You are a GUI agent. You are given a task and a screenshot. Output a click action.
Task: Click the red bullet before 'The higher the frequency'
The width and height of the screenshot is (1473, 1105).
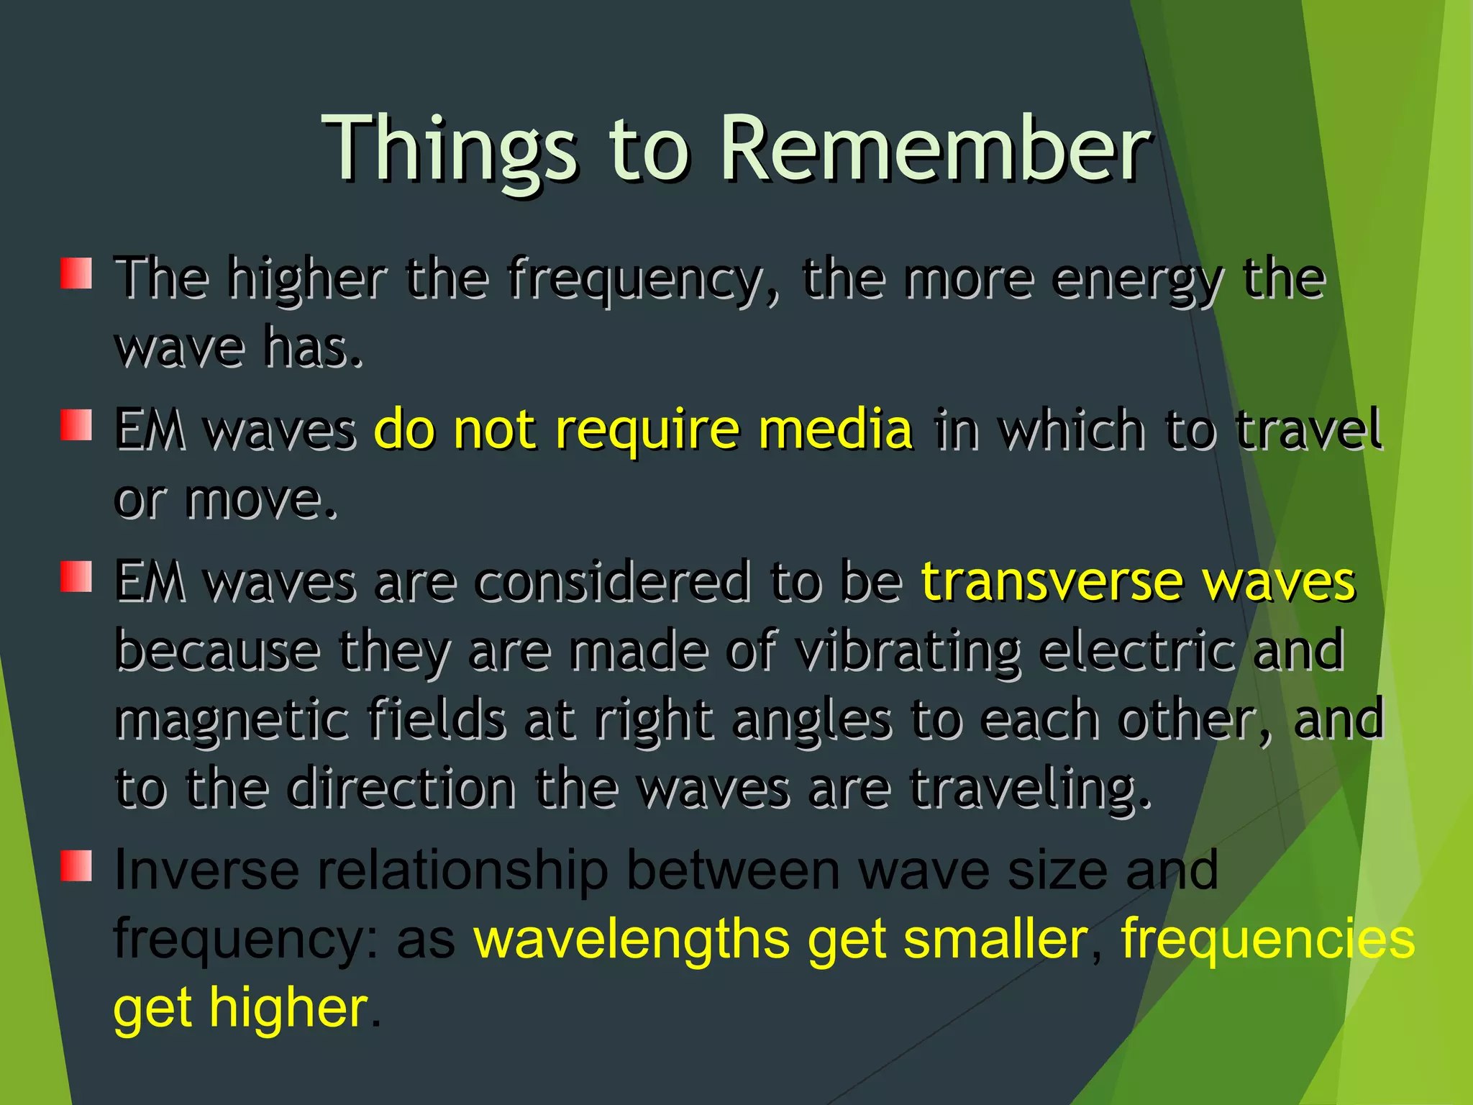(76, 273)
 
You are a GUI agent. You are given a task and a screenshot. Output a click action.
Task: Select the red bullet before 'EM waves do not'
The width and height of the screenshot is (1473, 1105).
(76, 425)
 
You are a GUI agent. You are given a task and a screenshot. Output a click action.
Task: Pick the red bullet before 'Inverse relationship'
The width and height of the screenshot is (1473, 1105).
(76, 865)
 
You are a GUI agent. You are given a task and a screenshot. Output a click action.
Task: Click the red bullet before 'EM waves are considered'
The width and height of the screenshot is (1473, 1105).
(76, 577)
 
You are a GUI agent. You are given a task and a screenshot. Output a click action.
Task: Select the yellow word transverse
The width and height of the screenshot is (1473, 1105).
(1051, 581)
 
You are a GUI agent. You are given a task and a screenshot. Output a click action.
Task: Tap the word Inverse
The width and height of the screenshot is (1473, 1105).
(206, 870)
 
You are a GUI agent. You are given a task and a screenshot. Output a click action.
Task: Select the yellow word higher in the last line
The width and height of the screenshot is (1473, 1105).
(288, 1008)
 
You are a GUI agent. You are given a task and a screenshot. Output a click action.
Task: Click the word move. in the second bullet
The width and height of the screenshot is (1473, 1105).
(260, 501)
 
